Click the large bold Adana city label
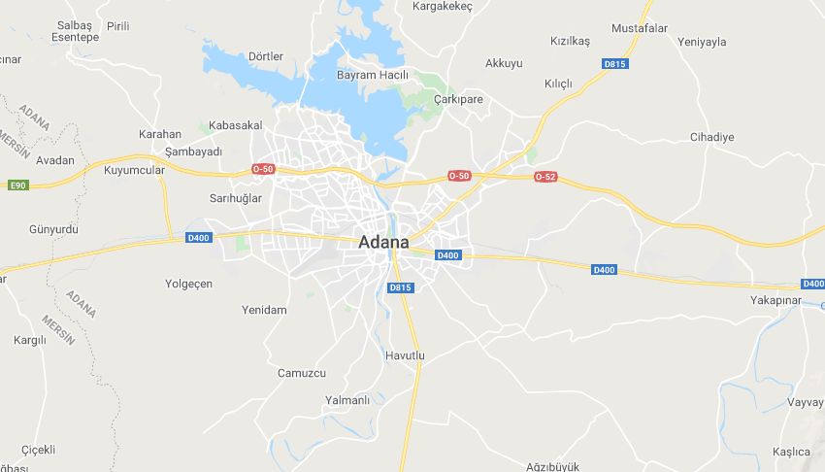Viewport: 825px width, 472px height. [383, 242]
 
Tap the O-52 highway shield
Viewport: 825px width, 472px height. [545, 176]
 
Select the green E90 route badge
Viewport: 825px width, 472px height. [16, 185]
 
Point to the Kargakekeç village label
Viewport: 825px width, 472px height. [442, 7]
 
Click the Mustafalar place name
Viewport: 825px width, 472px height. [640, 28]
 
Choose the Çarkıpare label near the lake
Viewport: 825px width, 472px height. [458, 99]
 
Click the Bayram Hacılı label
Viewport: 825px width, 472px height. [372, 75]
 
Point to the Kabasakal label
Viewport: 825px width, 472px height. [236, 126]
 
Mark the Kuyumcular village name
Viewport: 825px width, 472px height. [134, 170]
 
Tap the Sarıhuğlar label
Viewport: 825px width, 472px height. [236, 198]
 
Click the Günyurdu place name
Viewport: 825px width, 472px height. [53, 229]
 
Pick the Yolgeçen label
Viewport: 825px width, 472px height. [188, 284]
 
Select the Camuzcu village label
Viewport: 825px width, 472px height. [302, 373]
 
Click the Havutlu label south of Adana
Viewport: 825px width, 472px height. [405, 355]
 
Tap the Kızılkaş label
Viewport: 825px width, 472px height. [570, 42]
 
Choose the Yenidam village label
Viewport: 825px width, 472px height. [264, 310]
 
